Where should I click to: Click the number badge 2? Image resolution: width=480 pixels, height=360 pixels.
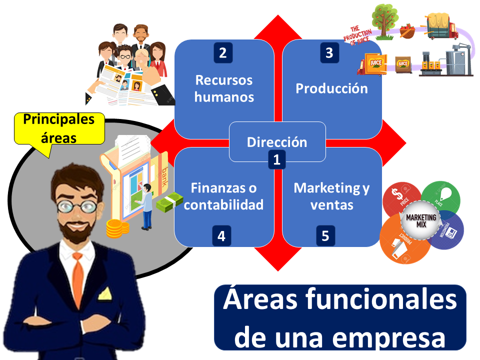click(223, 53)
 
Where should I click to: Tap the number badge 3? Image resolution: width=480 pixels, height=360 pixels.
click(329, 53)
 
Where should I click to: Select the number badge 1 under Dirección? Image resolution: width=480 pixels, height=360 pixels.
click(276, 160)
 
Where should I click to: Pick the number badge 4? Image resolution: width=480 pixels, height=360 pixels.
click(221, 236)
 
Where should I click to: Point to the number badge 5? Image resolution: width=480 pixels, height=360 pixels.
click(325, 236)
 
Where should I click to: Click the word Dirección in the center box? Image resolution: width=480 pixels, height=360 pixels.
click(276, 142)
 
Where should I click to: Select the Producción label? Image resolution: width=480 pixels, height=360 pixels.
click(331, 88)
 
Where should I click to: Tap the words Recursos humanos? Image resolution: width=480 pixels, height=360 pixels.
click(224, 88)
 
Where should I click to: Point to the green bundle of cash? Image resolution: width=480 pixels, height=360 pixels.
click(169, 202)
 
